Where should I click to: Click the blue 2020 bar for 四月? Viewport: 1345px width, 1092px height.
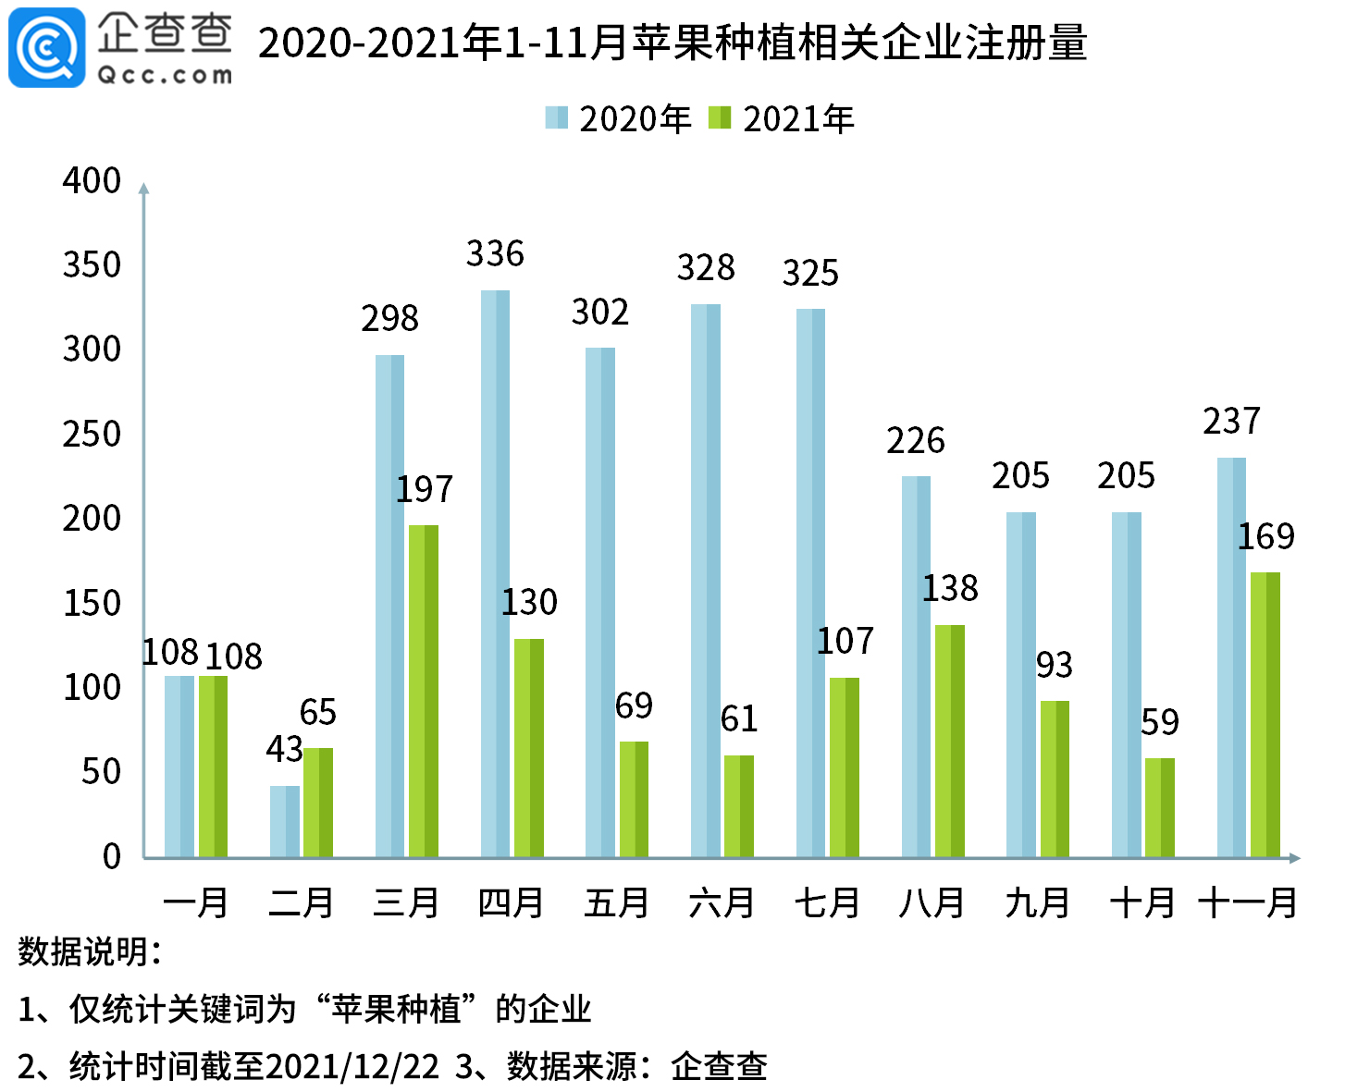(x=495, y=573)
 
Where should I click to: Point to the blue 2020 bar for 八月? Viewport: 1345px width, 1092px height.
(x=916, y=667)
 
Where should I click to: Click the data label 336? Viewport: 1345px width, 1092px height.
(x=495, y=253)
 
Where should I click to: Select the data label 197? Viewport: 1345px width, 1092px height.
(x=425, y=489)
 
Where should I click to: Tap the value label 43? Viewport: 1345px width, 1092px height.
(x=284, y=749)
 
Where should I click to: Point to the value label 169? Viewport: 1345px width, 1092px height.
(x=1266, y=536)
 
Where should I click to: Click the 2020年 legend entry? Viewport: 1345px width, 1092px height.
(x=619, y=118)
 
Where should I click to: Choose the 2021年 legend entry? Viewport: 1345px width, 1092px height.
(x=782, y=118)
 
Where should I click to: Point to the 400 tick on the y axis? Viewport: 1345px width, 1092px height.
(x=92, y=180)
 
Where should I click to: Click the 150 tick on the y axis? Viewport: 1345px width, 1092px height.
(x=92, y=603)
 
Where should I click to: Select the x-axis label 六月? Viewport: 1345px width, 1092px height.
(x=722, y=902)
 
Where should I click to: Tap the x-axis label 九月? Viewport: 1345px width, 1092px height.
(x=1038, y=902)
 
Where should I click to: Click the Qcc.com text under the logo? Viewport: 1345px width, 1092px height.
(x=165, y=76)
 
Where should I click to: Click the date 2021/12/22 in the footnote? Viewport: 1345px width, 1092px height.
(x=352, y=1066)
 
